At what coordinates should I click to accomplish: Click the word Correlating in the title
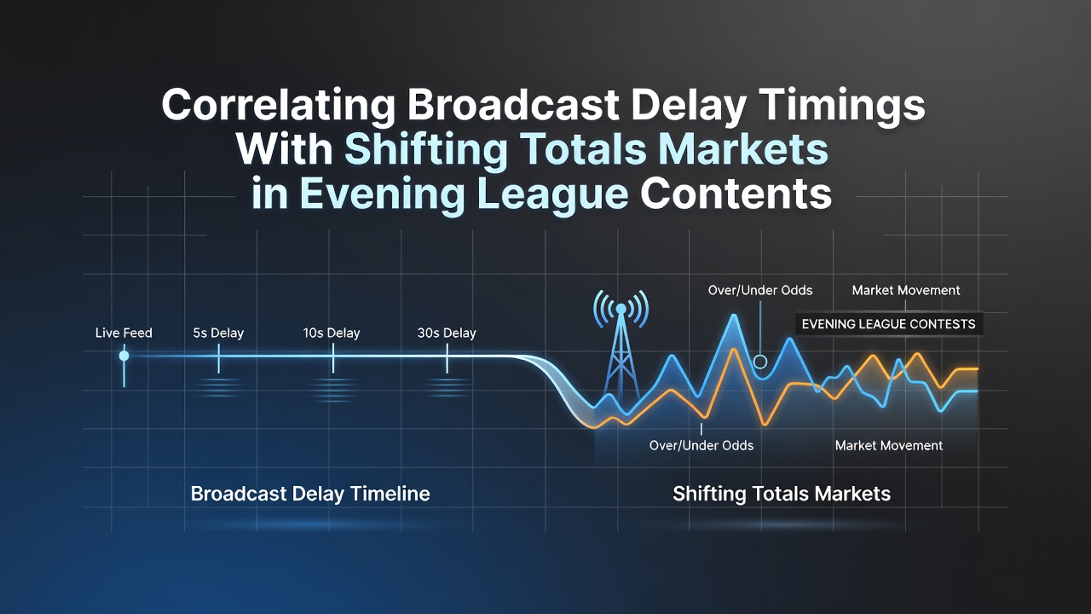coord(277,105)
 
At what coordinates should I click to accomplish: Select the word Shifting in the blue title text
coord(426,149)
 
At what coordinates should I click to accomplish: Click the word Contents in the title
coord(736,194)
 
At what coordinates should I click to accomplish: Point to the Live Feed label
coord(124,333)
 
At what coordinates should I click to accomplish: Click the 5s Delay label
coord(218,333)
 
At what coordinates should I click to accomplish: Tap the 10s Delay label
coord(332,333)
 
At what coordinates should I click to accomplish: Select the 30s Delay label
coord(447,333)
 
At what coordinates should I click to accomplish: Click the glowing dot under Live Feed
coord(124,356)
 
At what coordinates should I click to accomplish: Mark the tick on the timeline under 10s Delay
coord(333,358)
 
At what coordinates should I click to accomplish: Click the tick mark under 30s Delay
coord(447,358)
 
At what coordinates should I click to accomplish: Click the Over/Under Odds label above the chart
coord(760,291)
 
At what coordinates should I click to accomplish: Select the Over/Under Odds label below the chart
coord(701,445)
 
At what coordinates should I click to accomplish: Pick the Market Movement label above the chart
coord(906,291)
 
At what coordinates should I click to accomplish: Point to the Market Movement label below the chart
coord(889,445)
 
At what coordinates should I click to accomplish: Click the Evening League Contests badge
coord(889,324)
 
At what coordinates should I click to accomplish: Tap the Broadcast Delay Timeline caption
coord(310,494)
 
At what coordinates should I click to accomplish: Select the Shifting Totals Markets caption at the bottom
coord(782,494)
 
